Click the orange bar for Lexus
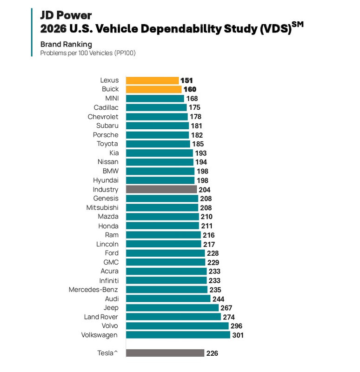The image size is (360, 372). pyautogui.click(x=152, y=80)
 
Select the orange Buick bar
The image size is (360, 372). pyautogui.click(x=153, y=89)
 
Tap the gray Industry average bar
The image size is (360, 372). pyautogui.click(x=161, y=189)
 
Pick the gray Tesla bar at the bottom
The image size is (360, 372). pyautogui.click(x=165, y=353)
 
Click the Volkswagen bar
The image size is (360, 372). pyautogui.click(x=178, y=335)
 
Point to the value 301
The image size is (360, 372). pyautogui.click(x=238, y=335)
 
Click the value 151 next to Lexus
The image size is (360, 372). pyautogui.click(x=187, y=80)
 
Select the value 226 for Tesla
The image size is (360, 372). pyautogui.click(x=212, y=353)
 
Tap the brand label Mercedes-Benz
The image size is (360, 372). pyautogui.click(x=93, y=289)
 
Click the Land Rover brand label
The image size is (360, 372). pyautogui.click(x=101, y=317)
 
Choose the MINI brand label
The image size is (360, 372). pyautogui.click(x=112, y=98)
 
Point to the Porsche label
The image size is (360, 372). pyautogui.click(x=106, y=135)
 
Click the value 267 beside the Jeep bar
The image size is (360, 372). pyautogui.click(x=226, y=308)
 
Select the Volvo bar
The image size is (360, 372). pyautogui.click(x=177, y=326)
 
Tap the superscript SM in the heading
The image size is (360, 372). pyautogui.click(x=297, y=25)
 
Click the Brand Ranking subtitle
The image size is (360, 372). pyautogui.click(x=66, y=45)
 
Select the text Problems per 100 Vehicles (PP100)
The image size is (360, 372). pyautogui.click(x=87, y=53)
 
